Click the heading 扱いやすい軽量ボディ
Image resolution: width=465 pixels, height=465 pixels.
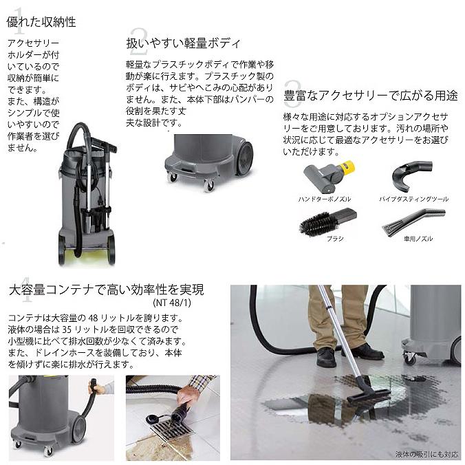[184, 43]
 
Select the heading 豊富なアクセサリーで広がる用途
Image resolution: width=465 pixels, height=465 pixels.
[371, 95]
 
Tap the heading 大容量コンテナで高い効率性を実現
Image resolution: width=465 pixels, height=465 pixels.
[107, 289]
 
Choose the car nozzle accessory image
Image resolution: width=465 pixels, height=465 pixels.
[411, 222]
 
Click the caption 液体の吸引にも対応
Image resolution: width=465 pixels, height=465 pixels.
[426, 454]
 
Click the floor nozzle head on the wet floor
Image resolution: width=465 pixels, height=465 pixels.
[368, 396]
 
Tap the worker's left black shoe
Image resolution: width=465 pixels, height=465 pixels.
[326, 357]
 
